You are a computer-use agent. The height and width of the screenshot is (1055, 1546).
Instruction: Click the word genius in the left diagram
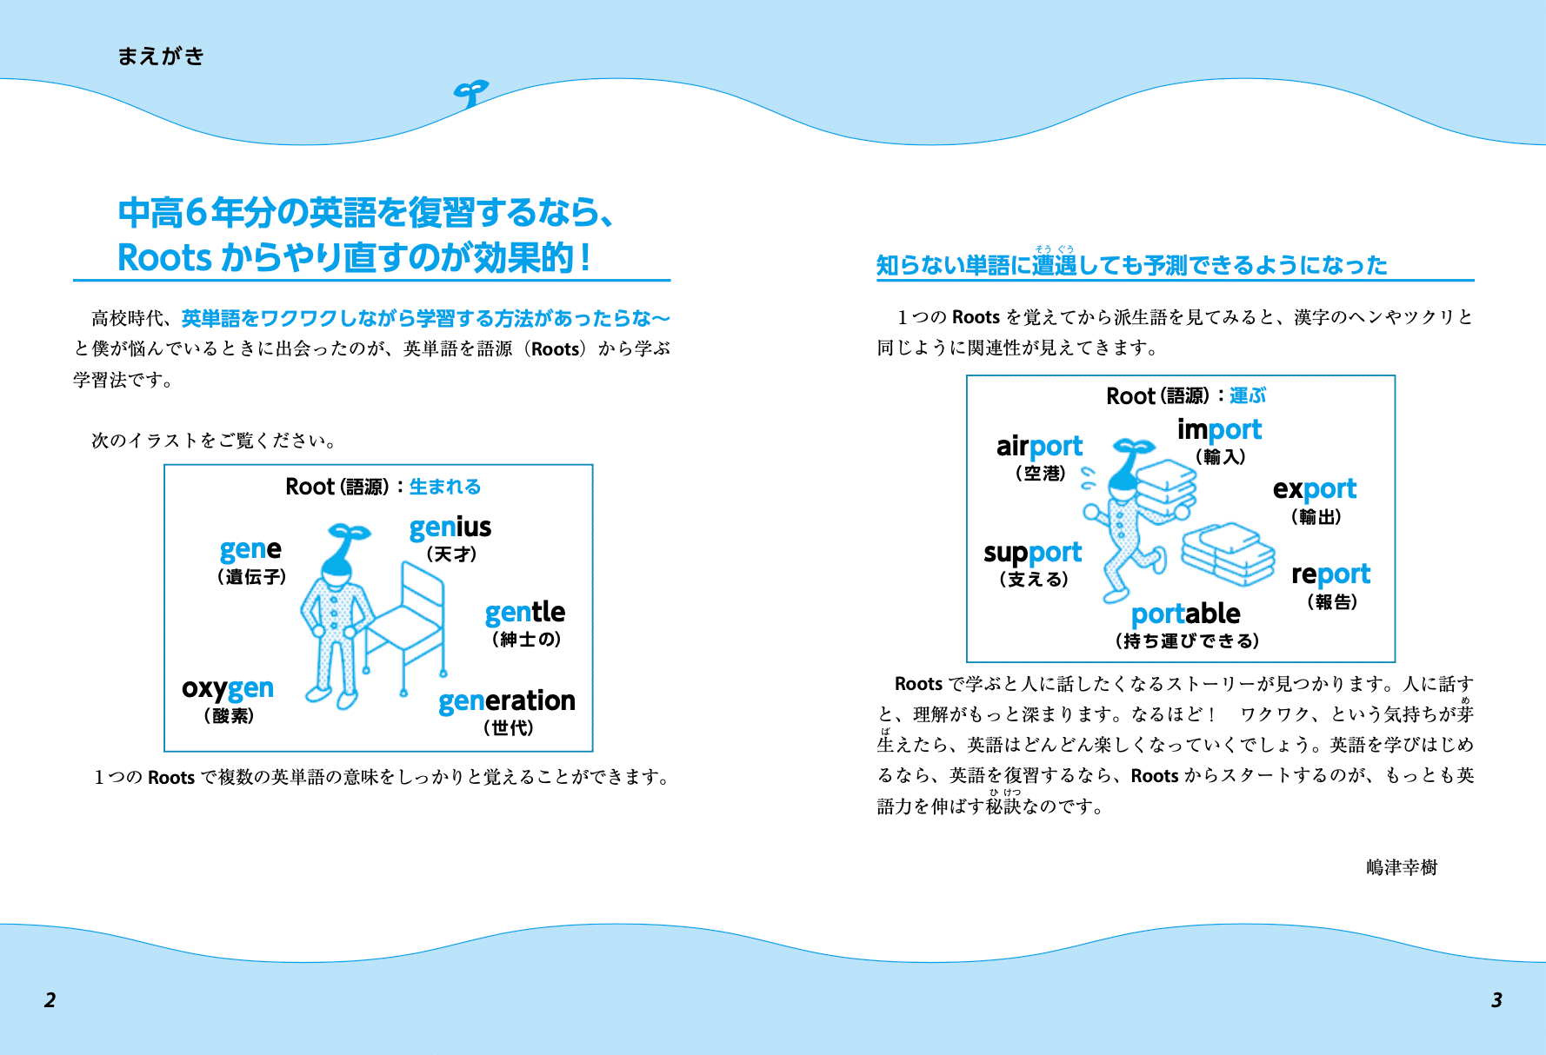(x=450, y=527)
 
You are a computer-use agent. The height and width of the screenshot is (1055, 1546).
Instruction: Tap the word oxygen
(x=227, y=689)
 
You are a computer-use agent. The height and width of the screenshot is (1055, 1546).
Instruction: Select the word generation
(x=506, y=700)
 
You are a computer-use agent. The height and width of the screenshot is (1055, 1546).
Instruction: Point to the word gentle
(x=524, y=613)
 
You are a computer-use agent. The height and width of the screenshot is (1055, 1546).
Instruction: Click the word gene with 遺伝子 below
(x=250, y=549)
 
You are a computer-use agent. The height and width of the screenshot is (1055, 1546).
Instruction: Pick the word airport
(x=1039, y=447)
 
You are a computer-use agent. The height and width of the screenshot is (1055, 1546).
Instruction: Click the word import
(x=1219, y=429)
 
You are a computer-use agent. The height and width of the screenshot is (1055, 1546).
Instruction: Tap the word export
(x=1314, y=489)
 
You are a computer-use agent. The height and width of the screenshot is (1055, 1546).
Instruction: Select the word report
(x=1330, y=574)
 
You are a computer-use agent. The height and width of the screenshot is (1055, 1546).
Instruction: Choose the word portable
(x=1185, y=614)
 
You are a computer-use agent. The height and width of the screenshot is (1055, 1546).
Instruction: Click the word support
(x=1032, y=553)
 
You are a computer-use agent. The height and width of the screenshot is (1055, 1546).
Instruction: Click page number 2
(x=50, y=999)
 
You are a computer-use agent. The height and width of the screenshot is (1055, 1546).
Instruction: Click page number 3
(x=1496, y=999)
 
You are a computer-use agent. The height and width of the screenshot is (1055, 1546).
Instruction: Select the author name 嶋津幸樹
(x=1401, y=867)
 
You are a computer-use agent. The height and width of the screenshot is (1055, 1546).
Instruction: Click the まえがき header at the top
(x=161, y=56)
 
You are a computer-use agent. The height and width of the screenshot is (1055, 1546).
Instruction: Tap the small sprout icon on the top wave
(x=470, y=93)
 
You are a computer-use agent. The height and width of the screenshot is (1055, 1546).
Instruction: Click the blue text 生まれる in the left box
(x=444, y=487)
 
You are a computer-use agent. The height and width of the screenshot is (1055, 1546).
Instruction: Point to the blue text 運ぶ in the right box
(x=1247, y=395)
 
